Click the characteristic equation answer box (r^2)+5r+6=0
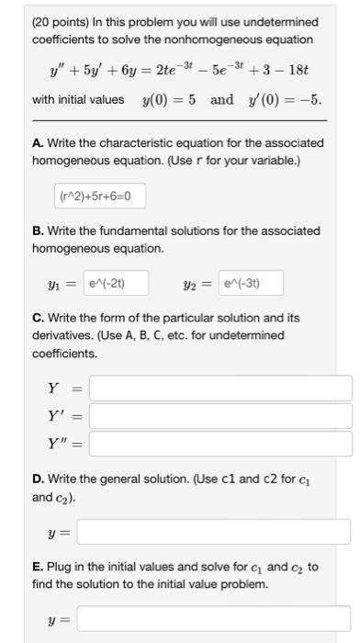point(99,196)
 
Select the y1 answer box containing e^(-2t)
point(116,283)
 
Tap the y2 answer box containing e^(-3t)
point(252,283)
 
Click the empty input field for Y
point(220,388)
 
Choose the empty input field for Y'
point(220,416)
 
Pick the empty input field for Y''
point(220,445)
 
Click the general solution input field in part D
point(213,532)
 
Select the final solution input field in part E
point(213,620)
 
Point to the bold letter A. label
point(38,143)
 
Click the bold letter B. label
point(38,231)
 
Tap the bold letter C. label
point(38,318)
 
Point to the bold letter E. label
point(38,567)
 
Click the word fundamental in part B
point(120,231)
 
